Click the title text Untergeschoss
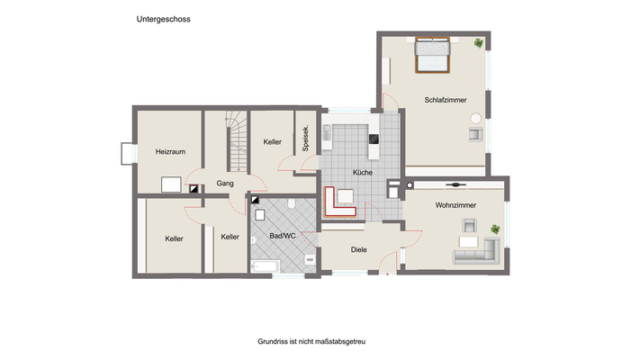pos(163,18)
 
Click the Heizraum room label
pos(169,151)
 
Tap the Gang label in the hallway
pos(225,184)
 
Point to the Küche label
pos(362,172)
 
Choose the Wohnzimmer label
pos(455,206)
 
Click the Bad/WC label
pos(283,236)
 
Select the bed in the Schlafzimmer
pos(432,56)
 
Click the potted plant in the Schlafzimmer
pos(478,41)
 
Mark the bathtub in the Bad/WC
pos(266,265)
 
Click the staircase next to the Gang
pos(236,141)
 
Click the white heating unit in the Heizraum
pos(172,185)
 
